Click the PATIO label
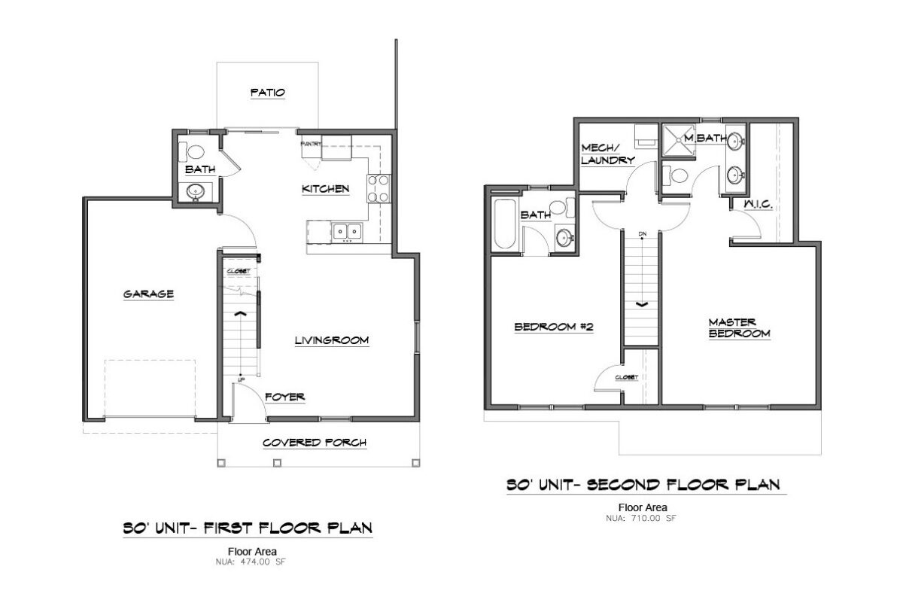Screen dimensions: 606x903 coord(267,93)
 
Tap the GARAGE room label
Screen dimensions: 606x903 coord(148,294)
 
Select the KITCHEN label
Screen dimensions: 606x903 coord(325,189)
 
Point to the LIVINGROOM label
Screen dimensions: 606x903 coord(331,341)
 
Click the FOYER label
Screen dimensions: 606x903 coord(284,397)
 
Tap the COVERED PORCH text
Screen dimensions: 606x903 coord(314,443)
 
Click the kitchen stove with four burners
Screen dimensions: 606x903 coord(378,188)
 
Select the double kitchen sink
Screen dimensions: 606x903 coord(346,232)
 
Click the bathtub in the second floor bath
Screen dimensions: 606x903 coord(503,224)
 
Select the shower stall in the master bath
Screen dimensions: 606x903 coord(679,140)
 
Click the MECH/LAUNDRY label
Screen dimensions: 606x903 coord(607,154)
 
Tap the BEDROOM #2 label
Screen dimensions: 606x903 coord(555,327)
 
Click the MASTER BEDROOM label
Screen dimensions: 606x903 coord(738,327)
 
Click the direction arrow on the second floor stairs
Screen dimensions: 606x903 coord(642,305)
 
